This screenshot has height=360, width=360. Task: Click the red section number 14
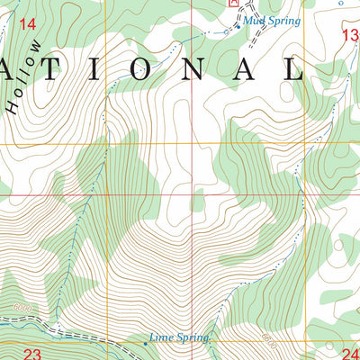click(x=28, y=24)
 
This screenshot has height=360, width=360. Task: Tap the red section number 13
click(x=350, y=34)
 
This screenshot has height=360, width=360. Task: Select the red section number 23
click(x=33, y=354)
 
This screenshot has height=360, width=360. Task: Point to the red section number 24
click(x=349, y=354)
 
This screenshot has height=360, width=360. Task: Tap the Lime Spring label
click(x=179, y=337)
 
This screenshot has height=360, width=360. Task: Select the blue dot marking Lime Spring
click(x=146, y=343)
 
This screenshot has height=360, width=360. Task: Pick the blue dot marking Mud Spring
click(x=237, y=25)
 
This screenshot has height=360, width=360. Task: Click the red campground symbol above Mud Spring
click(x=234, y=3)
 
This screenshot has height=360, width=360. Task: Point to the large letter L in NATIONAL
click(x=293, y=69)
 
